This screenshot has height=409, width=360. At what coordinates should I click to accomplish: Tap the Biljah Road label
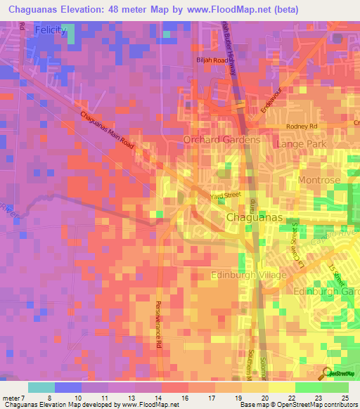[212, 60]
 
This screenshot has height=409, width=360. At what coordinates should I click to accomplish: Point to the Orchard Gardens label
[221, 139]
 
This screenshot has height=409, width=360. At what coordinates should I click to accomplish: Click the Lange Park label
[298, 143]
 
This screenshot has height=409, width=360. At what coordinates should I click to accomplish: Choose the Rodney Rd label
[302, 126]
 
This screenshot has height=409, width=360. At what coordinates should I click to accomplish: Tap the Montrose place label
[319, 181]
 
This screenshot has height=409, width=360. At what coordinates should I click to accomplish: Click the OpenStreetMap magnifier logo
[326, 372]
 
